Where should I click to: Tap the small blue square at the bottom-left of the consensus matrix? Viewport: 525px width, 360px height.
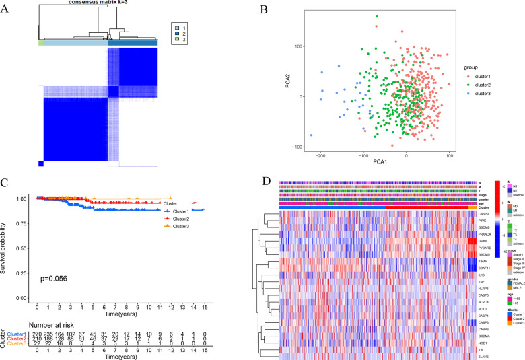[x=42, y=164]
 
